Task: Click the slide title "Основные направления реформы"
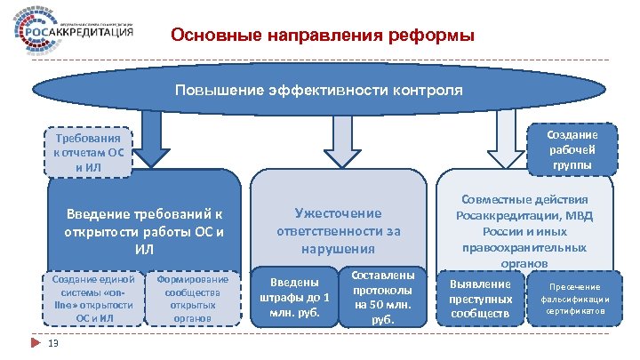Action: point(323,36)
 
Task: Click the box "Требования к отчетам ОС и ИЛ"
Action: point(88,151)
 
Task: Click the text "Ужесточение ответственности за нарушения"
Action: point(338,229)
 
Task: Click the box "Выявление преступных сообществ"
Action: point(482,299)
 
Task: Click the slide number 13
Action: point(53,346)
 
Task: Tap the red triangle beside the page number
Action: point(33,343)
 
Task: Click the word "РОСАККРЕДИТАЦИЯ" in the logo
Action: point(93,33)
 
